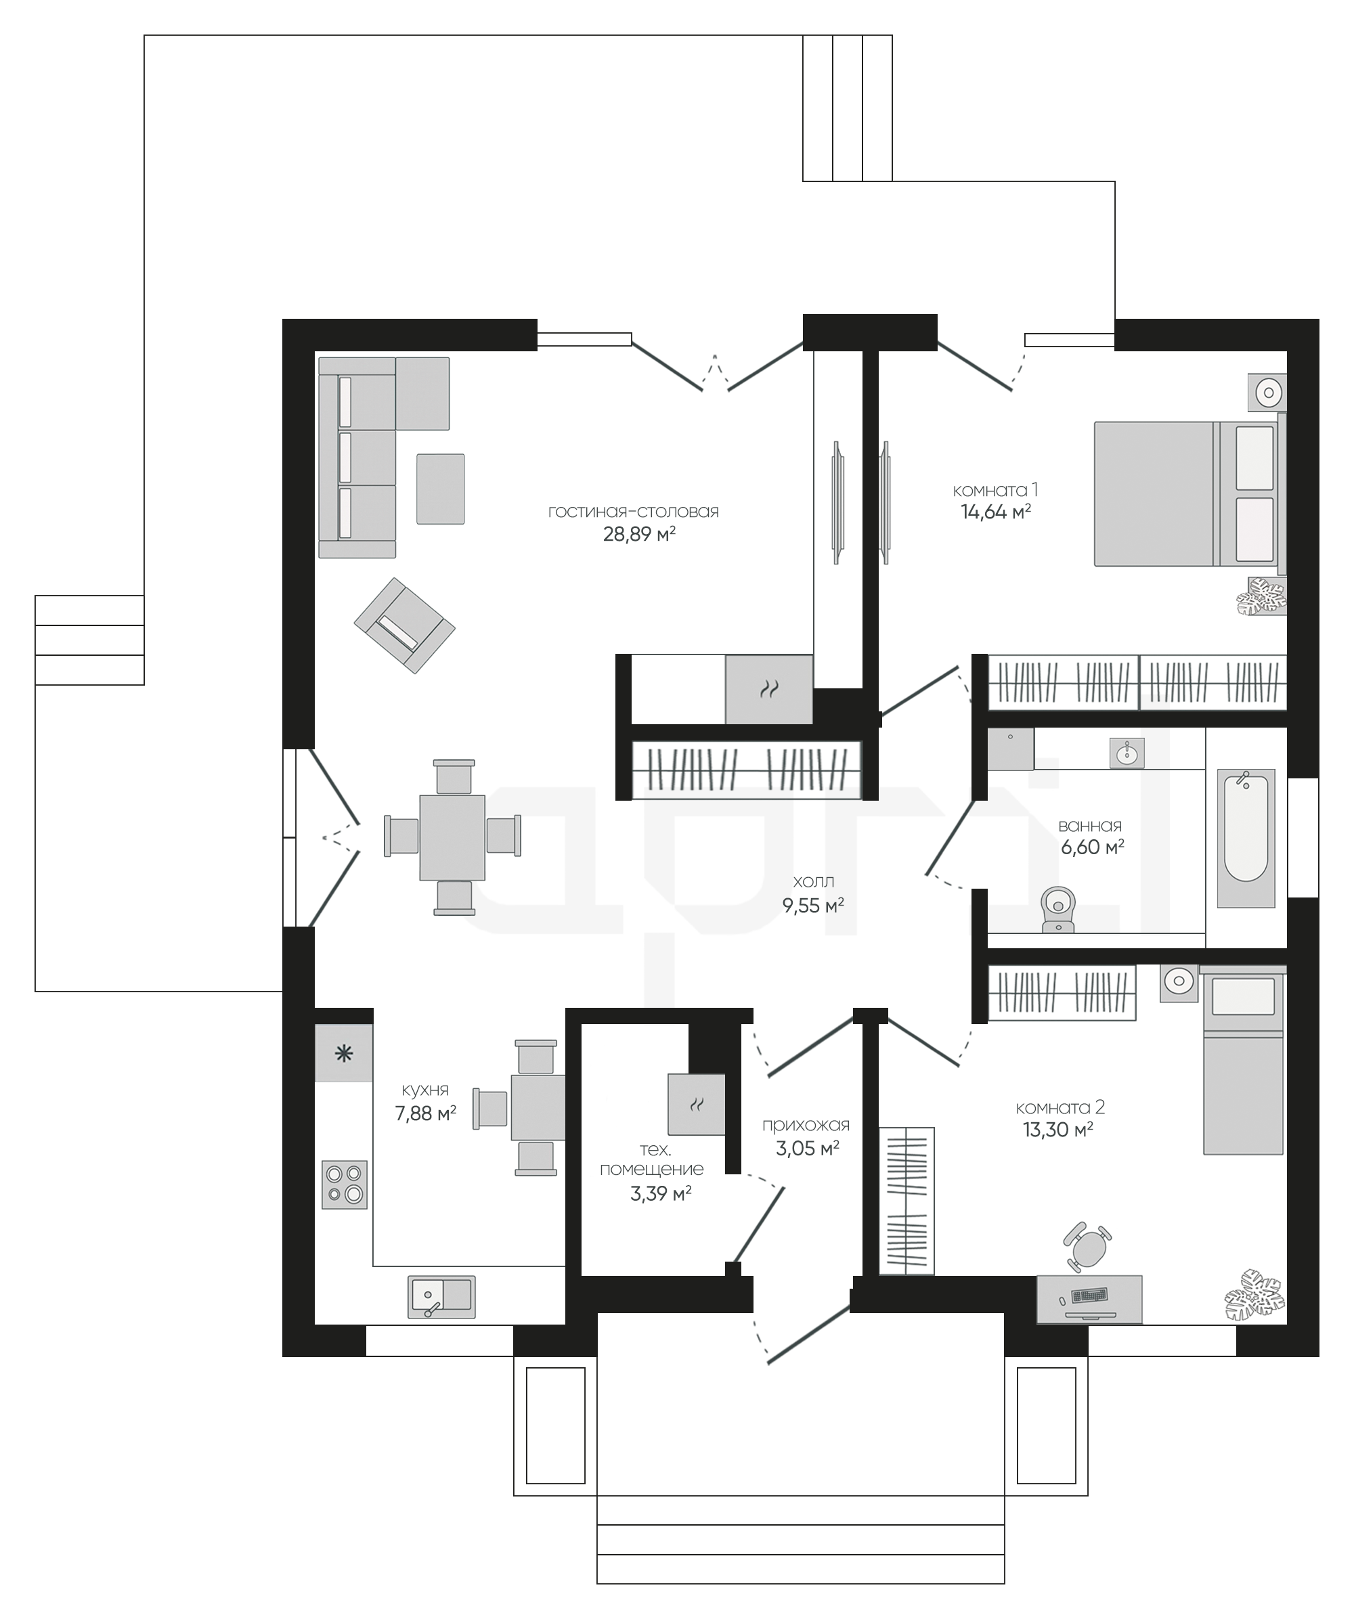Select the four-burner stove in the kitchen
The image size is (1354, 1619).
[x=344, y=1184]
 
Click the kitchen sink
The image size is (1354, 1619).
[x=441, y=1297]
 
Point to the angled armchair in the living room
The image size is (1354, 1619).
[x=404, y=625]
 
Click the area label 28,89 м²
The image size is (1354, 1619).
[x=639, y=533]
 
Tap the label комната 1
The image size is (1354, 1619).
[x=995, y=489]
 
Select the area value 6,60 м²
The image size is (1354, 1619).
[x=1093, y=847]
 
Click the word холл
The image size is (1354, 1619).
[x=814, y=882]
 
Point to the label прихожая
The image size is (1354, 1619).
[x=806, y=1126]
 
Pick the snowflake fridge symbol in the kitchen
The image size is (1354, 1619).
[x=344, y=1053]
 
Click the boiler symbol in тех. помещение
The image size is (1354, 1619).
[x=696, y=1105]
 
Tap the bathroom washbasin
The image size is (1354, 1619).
[x=1127, y=753]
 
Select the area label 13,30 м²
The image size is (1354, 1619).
[x=1058, y=1130]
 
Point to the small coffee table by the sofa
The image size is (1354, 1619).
[x=440, y=489]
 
